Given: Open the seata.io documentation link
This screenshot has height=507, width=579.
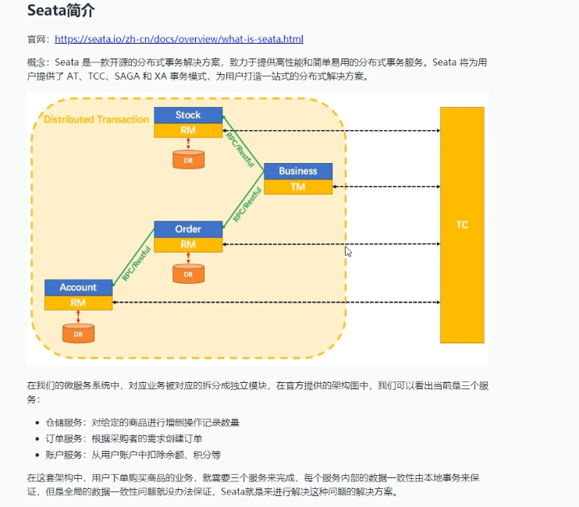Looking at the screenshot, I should coord(179,39).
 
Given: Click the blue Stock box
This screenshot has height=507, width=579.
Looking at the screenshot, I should coord(188,115).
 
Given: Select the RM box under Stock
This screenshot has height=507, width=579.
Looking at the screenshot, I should coord(188,130).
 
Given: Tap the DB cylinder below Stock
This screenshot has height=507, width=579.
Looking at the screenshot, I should coord(188,160).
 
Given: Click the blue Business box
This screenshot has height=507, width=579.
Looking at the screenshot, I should coord(298,171).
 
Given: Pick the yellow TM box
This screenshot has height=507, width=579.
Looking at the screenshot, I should coord(298,187).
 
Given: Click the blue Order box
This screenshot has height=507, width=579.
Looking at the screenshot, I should coord(188,229).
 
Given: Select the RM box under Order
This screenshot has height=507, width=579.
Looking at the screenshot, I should coord(188,244).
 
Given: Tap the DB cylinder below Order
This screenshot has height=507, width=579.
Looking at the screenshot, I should coord(188,274).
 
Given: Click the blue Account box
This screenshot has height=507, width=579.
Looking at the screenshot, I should coord(78,287).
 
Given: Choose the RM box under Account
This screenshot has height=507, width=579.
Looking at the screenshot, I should coord(78,303).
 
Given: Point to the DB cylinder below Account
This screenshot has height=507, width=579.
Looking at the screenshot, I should coord(78,333).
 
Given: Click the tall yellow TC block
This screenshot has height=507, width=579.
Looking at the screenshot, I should coord(462,225).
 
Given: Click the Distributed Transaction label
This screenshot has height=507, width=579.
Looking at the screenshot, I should coord(96,119).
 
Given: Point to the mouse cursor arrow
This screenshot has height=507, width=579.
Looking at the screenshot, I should coord(348,251).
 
